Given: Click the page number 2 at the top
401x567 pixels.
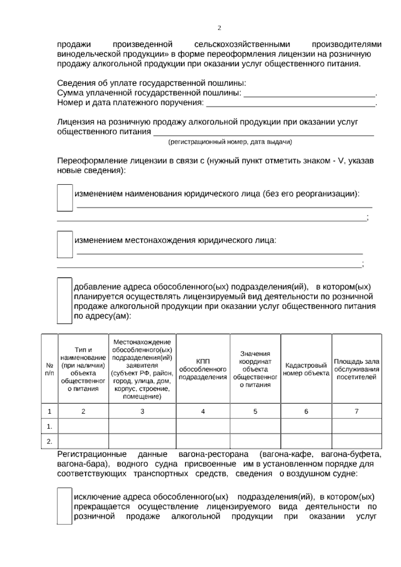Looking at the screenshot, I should pyautogui.click(x=219, y=28).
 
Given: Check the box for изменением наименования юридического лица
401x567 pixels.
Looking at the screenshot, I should pyautogui.click(x=64, y=198).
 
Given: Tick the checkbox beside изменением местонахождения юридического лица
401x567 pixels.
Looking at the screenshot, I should pyautogui.click(x=64, y=244).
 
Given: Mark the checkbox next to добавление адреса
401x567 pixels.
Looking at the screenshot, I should pyautogui.click(x=64, y=301).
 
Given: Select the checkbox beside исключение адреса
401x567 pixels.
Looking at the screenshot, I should pyautogui.click(x=64, y=506).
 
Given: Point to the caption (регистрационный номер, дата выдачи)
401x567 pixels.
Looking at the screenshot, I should pyautogui.click(x=230, y=142).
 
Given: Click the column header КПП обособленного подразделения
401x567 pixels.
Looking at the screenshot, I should pyautogui.click(x=203, y=369).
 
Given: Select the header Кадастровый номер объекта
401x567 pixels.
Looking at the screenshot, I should pyautogui.click(x=306, y=369).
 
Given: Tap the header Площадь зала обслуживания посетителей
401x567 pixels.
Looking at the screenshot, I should pyautogui.click(x=357, y=369).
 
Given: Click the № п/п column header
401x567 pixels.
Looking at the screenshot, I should pyautogui.click(x=49, y=369).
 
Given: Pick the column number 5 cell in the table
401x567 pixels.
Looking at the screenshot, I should pyautogui.click(x=255, y=412).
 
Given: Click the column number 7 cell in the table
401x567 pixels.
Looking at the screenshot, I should pyautogui.click(x=357, y=412).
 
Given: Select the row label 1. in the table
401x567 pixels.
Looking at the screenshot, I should pyautogui.click(x=49, y=427).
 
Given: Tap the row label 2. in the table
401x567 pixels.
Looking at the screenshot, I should pyautogui.click(x=49, y=442).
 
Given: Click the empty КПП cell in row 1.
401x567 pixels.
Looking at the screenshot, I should pyautogui.click(x=203, y=427).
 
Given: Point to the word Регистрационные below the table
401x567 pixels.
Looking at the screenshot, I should pyautogui.click(x=92, y=454).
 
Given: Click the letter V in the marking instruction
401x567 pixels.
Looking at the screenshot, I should pyautogui.click(x=341, y=161).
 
